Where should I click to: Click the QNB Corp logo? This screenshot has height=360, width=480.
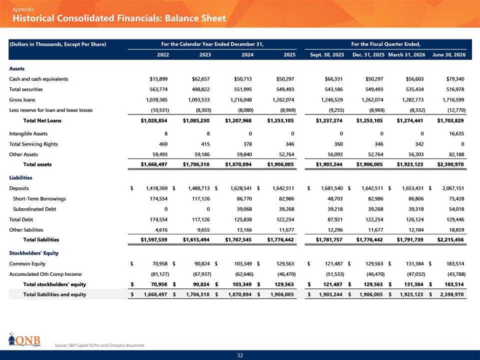pyautogui.click(x=24, y=339)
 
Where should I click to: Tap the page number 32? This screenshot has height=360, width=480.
pyautogui.click(x=240, y=355)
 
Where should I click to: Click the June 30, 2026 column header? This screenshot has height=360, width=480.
pyautogui.click(x=449, y=55)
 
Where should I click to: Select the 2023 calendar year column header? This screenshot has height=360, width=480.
pyautogui.click(x=205, y=55)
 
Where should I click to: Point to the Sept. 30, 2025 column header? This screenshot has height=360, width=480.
pyautogui.click(x=327, y=55)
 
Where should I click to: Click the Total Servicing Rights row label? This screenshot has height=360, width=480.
pyautogui.click(x=33, y=144)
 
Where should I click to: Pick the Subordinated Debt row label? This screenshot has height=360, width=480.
pyautogui.click(x=34, y=209)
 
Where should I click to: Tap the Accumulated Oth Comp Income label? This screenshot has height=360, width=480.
pyautogui.click(x=45, y=274)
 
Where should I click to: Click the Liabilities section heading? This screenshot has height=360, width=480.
pyautogui.click(x=20, y=178)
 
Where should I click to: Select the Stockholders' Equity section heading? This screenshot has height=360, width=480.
pyautogui.click(x=33, y=253)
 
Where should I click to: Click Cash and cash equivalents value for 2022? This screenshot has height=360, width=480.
pyautogui.click(x=158, y=79)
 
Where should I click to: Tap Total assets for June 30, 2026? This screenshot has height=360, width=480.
pyautogui.click(x=450, y=164)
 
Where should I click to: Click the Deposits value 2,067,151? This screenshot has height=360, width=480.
pyautogui.click(x=453, y=188)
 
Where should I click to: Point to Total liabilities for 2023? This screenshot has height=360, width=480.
pyautogui.click(x=196, y=239)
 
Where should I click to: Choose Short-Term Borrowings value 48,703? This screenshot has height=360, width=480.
pyautogui.click(x=335, y=198)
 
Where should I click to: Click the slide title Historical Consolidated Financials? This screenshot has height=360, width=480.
pyautogui.click(x=119, y=18)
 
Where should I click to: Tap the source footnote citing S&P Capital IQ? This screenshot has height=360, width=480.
pyautogui.click(x=99, y=345)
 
